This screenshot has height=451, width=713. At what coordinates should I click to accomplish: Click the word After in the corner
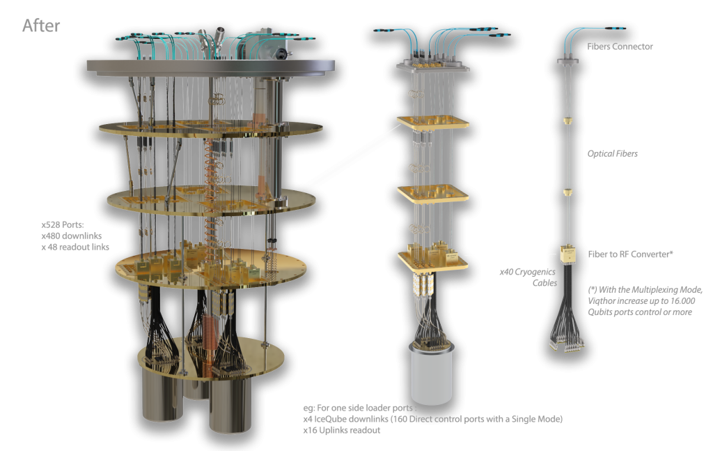point(41,26)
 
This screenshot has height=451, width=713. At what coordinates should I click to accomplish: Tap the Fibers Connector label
point(620,47)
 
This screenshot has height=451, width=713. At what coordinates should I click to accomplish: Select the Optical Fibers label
point(612,153)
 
